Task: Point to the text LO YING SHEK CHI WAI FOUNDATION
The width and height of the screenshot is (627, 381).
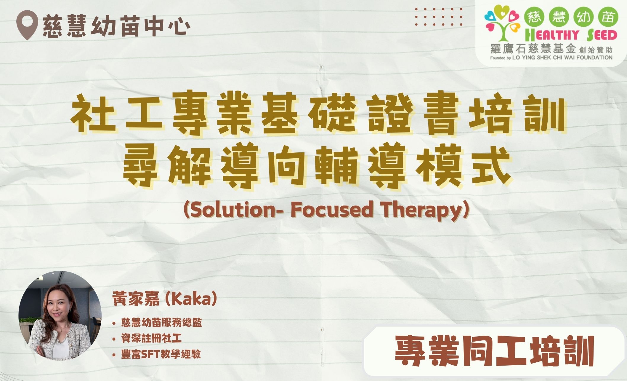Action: [x=562, y=58]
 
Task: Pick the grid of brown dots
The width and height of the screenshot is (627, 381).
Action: [x=439, y=17]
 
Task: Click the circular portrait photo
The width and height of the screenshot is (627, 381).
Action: [x=60, y=316]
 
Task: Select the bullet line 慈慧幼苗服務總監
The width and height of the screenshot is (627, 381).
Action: [x=161, y=323]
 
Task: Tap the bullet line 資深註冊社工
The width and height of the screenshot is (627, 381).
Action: [x=151, y=338]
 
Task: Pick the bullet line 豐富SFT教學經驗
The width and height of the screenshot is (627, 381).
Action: [x=161, y=354]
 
